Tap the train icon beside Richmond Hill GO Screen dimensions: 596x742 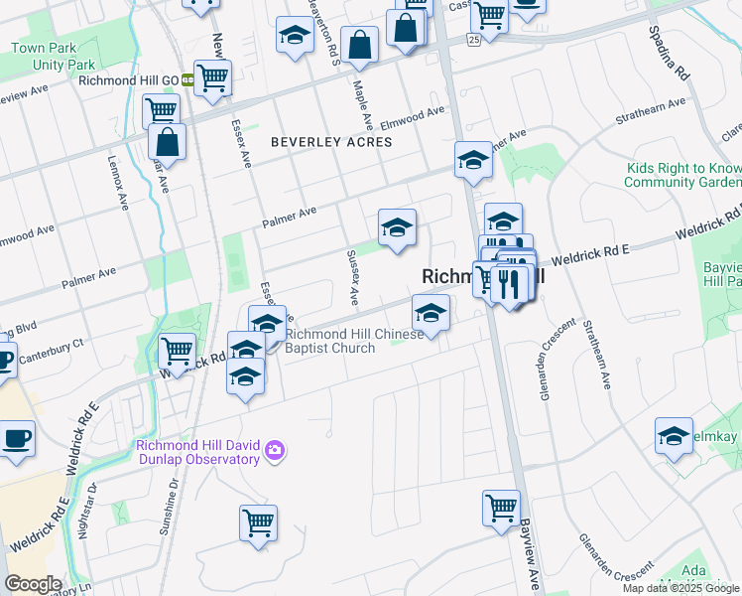pos(186,81)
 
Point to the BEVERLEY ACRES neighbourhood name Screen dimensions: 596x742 pos(331,142)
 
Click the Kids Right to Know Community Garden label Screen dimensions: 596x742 pos(682,176)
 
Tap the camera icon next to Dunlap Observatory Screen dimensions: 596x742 pos(275,452)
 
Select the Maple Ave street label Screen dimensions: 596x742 pos(362,106)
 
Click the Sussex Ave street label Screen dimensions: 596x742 pos(351,278)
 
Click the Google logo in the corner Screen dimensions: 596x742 pos(33,584)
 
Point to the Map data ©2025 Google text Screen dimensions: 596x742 pos(680,588)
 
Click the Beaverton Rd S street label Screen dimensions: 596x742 pos(323,30)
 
